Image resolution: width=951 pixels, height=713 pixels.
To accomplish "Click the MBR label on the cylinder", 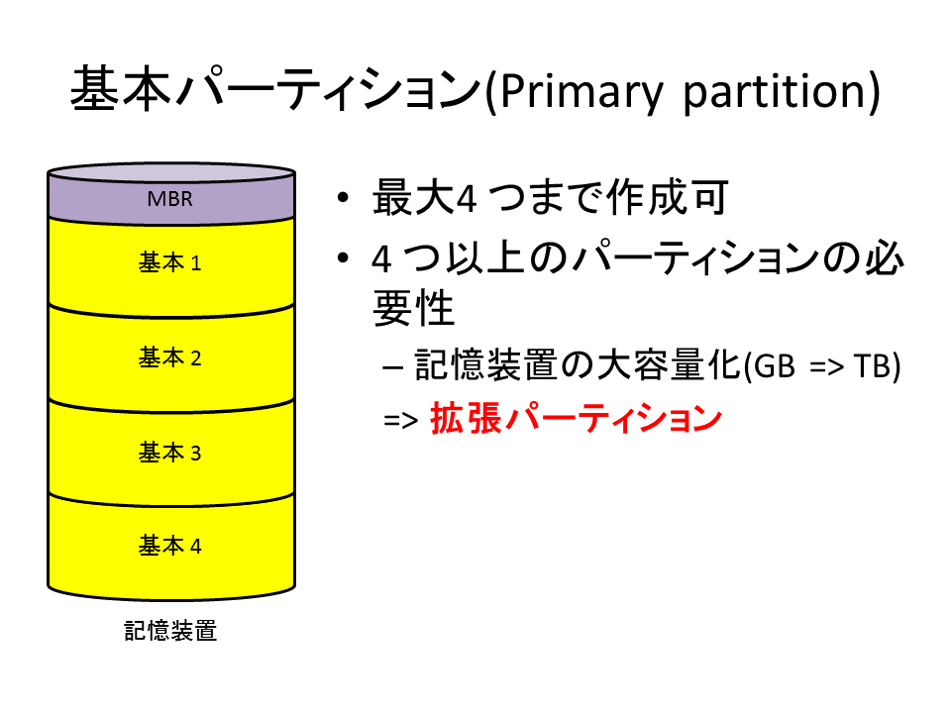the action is (169, 199).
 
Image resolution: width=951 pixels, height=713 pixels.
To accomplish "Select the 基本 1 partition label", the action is (169, 262).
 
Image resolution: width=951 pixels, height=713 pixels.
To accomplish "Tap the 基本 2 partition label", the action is (169, 357).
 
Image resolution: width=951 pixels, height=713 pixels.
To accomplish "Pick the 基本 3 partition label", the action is (169, 453).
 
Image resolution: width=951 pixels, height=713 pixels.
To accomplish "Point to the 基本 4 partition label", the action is (169, 546).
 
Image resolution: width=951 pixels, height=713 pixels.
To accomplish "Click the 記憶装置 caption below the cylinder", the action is (170, 631).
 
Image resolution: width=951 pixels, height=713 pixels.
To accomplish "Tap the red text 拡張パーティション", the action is (577, 418).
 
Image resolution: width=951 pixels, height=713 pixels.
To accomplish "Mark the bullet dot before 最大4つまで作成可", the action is (344, 198).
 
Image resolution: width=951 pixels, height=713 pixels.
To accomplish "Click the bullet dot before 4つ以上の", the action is (344, 258).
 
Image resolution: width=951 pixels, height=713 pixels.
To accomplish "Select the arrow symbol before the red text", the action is (401, 420).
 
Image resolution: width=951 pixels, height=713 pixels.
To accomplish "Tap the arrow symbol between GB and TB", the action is (826, 367).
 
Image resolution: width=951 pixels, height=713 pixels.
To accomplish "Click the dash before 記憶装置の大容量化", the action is (393, 367).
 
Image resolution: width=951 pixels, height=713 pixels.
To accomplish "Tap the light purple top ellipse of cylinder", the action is (171, 172).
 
